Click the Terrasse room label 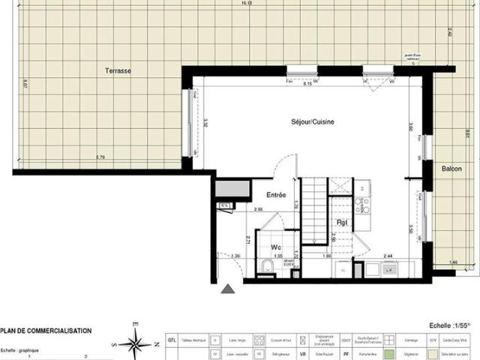(118, 70)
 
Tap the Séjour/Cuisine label (313, 121)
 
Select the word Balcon (451, 168)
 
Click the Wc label (276, 246)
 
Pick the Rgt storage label (341, 223)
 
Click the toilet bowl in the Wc (268, 265)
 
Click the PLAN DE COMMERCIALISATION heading (46, 330)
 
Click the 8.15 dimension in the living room (307, 84)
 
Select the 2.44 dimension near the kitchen (388, 256)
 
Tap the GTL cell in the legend (172, 338)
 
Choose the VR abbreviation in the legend (302, 352)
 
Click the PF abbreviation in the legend (346, 352)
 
